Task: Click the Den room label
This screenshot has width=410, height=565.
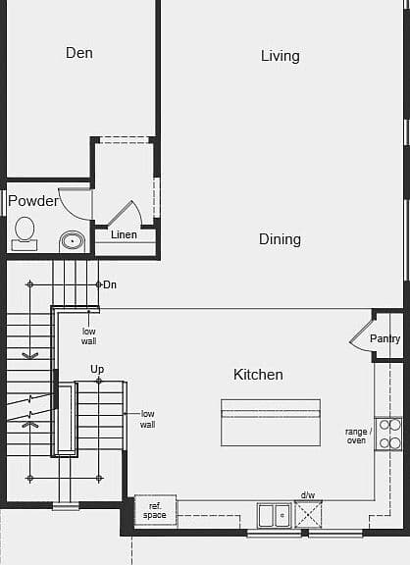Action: click(79, 53)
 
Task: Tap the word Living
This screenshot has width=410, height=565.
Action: click(281, 56)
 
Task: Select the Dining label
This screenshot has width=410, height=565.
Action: click(280, 239)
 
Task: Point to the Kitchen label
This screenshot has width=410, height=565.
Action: click(258, 375)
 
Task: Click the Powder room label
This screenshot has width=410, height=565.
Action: click(33, 201)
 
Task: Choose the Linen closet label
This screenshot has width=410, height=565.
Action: click(124, 234)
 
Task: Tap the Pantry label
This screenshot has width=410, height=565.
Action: click(385, 338)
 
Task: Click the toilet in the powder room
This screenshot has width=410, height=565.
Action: click(25, 233)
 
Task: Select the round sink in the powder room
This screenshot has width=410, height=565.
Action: click(72, 240)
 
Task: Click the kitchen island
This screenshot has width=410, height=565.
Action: click(271, 423)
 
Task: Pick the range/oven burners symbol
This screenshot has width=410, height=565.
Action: click(388, 434)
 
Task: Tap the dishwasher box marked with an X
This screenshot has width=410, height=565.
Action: click(308, 514)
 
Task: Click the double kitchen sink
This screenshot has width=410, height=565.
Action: click(275, 515)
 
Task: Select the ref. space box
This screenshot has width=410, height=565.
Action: click(155, 511)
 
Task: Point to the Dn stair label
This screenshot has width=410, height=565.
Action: click(110, 284)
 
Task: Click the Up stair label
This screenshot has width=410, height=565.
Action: click(97, 369)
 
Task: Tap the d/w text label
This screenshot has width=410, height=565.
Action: click(308, 495)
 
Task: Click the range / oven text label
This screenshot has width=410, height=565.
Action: click(356, 436)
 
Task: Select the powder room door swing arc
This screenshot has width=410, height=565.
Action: click(71, 208)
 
